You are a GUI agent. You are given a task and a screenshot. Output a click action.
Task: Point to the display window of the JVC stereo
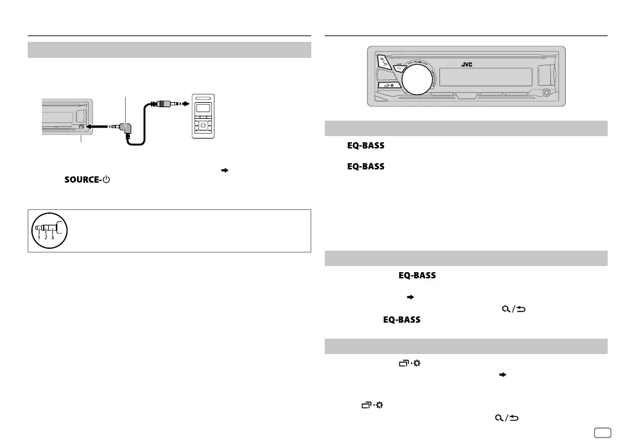[486, 77]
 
